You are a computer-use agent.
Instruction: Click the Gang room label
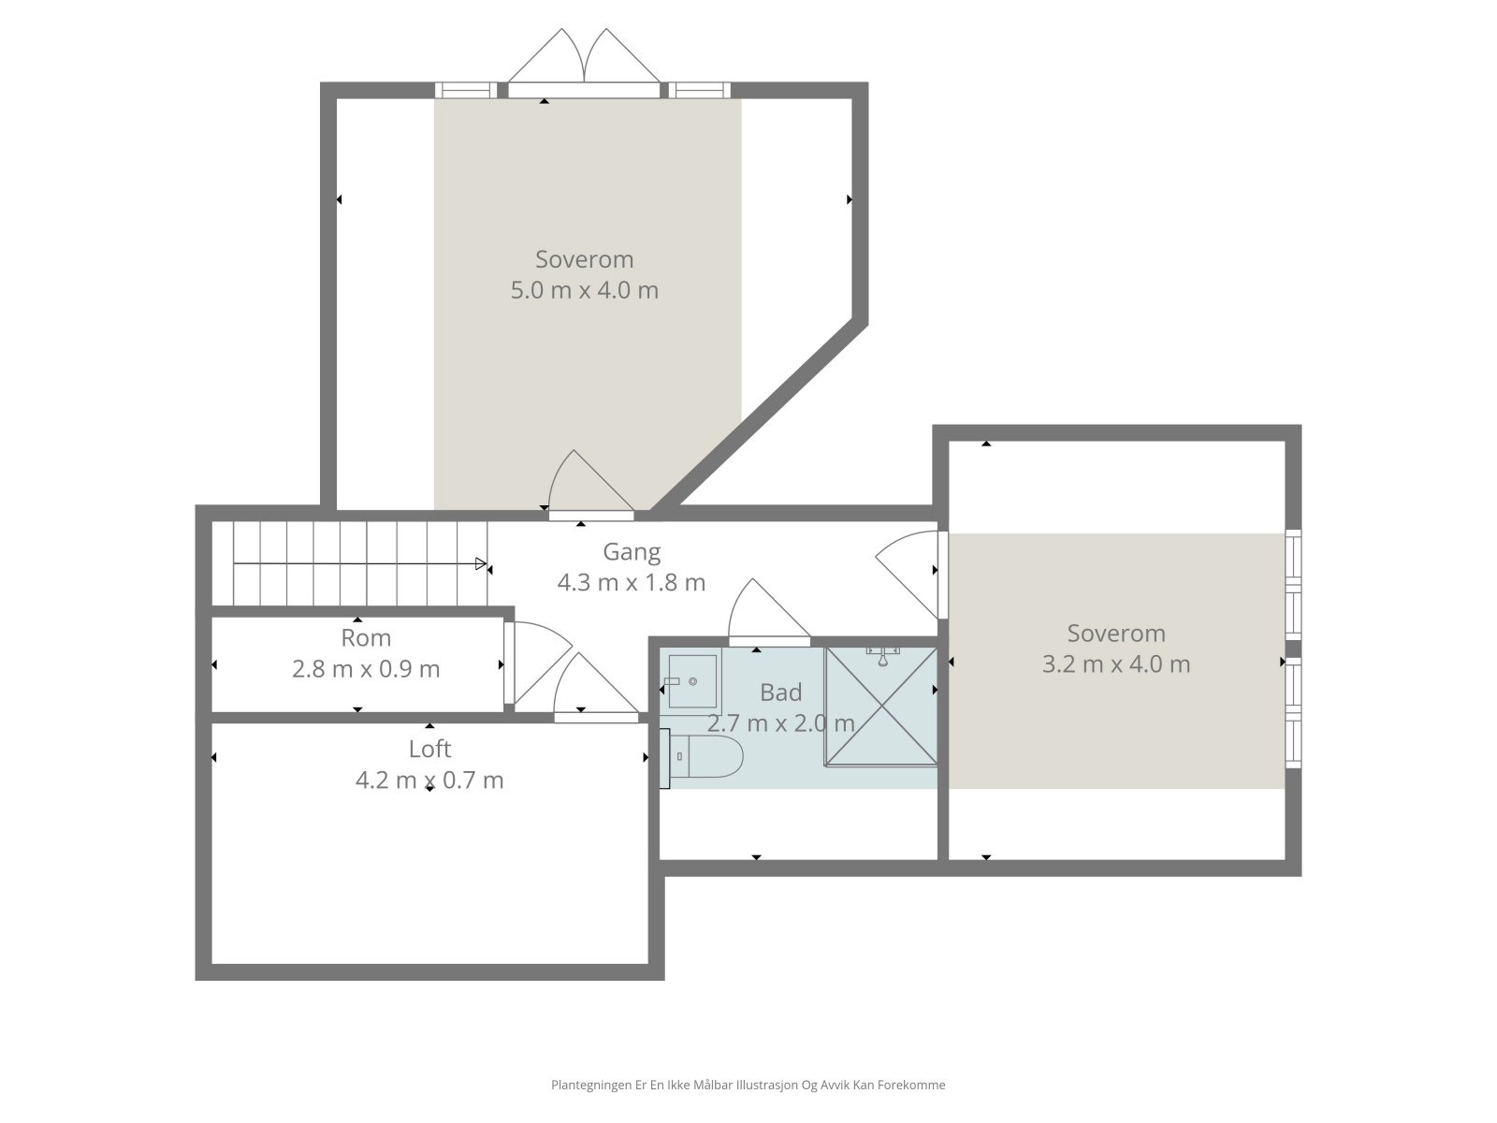[632, 552]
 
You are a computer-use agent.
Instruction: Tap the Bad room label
[780, 693]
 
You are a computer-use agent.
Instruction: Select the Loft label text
[429, 749]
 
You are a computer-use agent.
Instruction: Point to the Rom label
[366, 638]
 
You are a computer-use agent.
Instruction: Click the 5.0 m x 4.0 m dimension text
[585, 290]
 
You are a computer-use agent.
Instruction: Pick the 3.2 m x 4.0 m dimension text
[1116, 664]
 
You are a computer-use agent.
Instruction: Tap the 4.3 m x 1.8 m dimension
[632, 583]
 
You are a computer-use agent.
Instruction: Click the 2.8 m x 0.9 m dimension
[366, 669]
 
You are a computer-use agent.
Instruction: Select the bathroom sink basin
[691, 681]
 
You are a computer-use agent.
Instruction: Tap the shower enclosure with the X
[881, 707]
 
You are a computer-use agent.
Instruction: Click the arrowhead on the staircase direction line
[481, 564]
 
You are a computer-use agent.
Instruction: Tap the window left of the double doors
[467, 90]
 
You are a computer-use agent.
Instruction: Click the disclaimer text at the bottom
[748, 1085]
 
